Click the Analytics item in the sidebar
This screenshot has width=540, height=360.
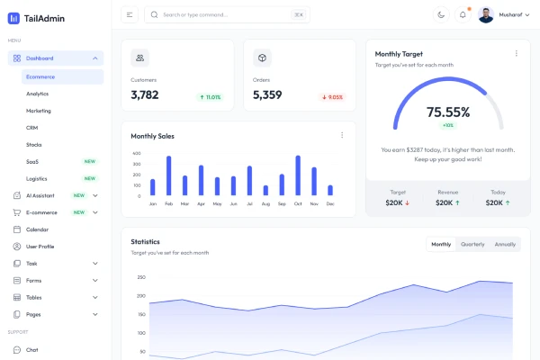tap(38, 94)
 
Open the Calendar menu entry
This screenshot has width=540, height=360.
tap(37, 229)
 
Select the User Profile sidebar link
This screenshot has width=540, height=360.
tap(40, 246)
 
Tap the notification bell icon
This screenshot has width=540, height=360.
tap(463, 14)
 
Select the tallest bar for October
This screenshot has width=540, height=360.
tap(298, 175)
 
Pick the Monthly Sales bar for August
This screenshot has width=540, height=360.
tap(265, 190)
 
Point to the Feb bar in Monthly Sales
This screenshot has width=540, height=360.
tap(168, 175)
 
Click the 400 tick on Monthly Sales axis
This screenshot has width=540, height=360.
tap(137, 153)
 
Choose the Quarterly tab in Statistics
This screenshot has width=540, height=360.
tap(472, 244)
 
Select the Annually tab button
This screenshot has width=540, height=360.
tap(505, 244)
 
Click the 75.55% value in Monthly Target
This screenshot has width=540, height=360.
tap(448, 112)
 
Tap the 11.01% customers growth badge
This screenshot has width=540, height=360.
tap(210, 97)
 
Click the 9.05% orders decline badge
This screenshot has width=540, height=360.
tap(332, 97)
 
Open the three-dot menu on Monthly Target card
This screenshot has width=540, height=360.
tap(516, 53)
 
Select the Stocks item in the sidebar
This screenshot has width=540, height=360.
tap(34, 145)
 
